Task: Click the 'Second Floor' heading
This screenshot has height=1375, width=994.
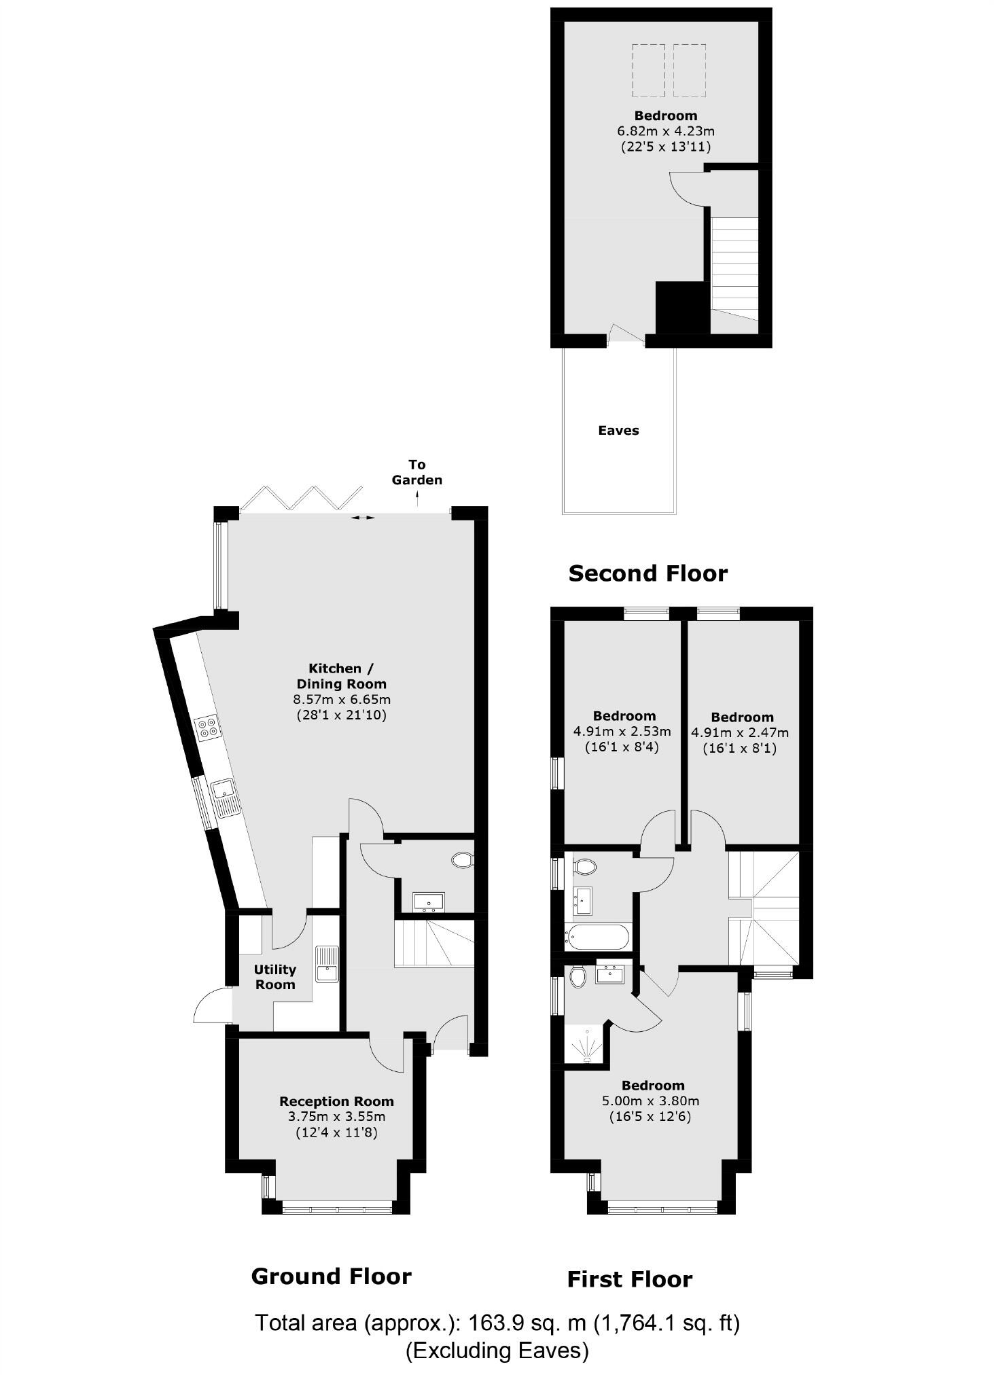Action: (x=647, y=573)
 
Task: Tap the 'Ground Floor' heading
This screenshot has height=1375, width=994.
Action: (x=331, y=1276)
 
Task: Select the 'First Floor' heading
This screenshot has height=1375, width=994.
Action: (x=629, y=1280)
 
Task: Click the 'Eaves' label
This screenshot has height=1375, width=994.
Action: (x=618, y=430)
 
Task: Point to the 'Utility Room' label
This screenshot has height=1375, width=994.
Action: (x=275, y=976)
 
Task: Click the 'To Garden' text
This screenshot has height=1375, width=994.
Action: (x=416, y=472)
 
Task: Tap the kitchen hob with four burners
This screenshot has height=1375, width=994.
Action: (x=208, y=727)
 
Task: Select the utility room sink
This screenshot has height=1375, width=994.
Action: (x=327, y=963)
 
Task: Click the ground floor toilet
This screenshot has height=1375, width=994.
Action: (x=463, y=860)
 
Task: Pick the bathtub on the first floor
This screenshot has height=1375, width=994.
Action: (x=597, y=937)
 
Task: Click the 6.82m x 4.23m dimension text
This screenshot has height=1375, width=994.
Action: (x=665, y=131)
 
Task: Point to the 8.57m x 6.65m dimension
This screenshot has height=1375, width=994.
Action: (x=342, y=699)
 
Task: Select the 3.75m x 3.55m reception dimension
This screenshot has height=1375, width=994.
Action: (x=336, y=1116)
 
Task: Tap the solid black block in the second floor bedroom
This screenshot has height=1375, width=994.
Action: (x=682, y=308)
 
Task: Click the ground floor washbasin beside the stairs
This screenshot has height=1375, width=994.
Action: (x=428, y=901)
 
